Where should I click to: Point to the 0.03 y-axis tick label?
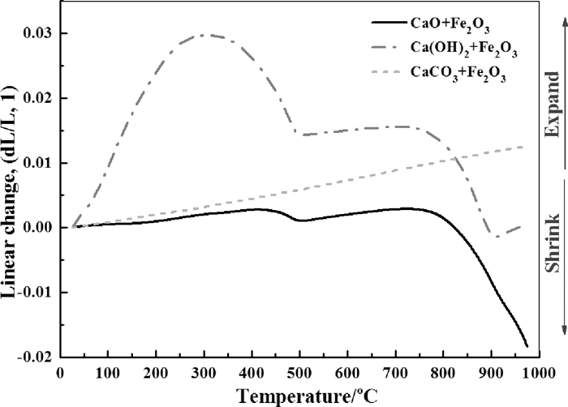(x=36, y=33)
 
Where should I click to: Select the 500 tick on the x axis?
(x=299, y=371)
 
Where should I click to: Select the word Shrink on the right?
(x=553, y=242)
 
